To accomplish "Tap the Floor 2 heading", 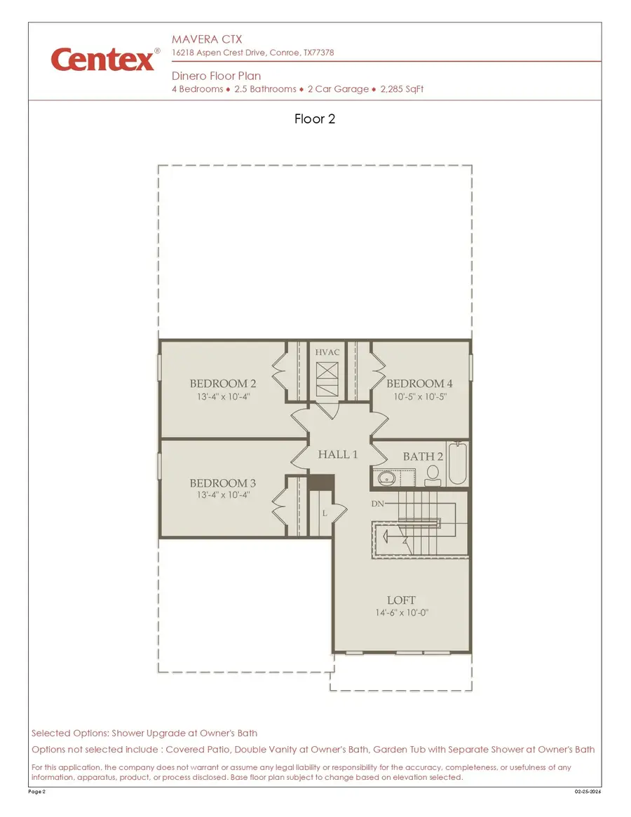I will point(315,119).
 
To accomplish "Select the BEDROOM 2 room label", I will point(222,384).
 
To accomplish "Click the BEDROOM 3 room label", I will point(222,483).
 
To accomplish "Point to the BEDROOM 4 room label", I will point(419,384).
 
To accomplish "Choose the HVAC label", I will point(327,352).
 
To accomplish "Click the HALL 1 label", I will point(338,454).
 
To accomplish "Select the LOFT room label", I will point(401,600).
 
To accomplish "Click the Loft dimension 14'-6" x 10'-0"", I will point(401,613).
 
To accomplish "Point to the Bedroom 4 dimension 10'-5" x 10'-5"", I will point(419,396).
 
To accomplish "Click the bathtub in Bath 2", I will point(456,464).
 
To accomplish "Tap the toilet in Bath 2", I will point(433,475).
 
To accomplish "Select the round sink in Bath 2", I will point(386,479).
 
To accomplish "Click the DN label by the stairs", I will point(376,504).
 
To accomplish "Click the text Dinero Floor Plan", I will point(216,76).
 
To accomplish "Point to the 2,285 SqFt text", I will point(402,90).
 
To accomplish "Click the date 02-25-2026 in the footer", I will point(588,792).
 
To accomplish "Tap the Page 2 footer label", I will point(38,792).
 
